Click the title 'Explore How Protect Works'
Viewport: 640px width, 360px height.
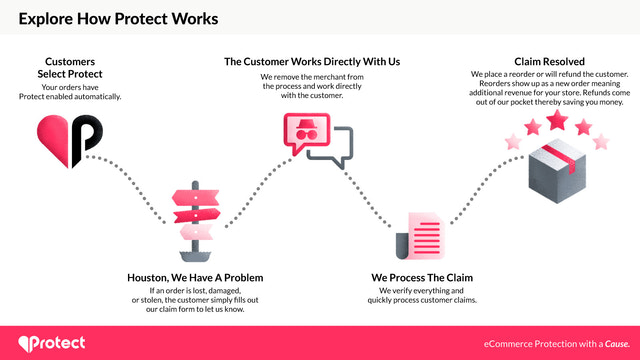(x=118, y=18)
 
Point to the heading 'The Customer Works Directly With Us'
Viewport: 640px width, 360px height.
(x=312, y=61)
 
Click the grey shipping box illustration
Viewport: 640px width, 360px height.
(x=554, y=176)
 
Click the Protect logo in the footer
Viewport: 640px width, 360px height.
(x=52, y=342)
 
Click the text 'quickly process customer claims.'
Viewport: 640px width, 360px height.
(x=421, y=299)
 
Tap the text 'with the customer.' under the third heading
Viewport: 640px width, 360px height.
(x=312, y=95)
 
